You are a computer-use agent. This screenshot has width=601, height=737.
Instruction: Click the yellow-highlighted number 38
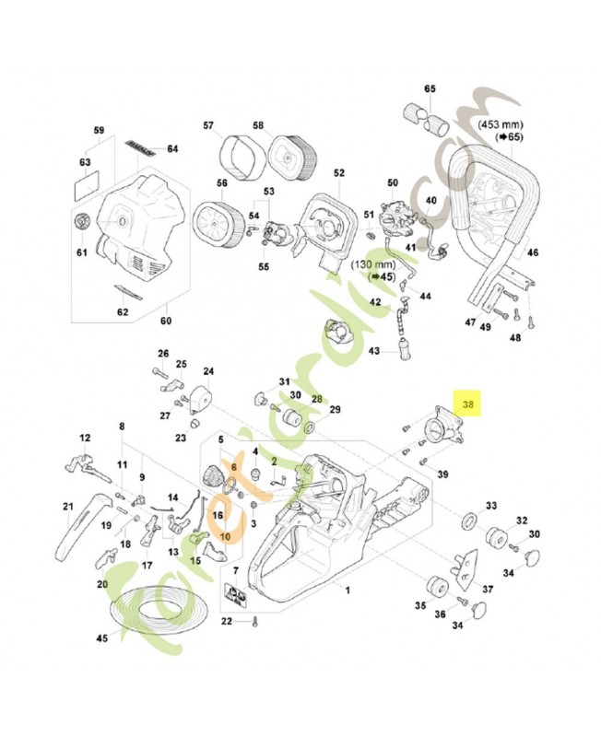[469, 404]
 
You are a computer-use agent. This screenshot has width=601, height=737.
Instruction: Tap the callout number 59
[100, 130]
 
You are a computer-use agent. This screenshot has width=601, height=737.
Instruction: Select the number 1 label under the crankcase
[347, 588]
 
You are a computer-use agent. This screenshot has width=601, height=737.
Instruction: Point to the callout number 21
[67, 506]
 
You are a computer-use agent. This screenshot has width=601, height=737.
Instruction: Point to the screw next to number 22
[255, 622]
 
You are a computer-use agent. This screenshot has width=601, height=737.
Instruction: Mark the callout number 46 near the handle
[533, 252]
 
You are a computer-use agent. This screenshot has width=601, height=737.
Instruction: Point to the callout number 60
[166, 322]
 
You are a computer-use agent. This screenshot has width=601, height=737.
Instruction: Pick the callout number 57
[208, 126]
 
